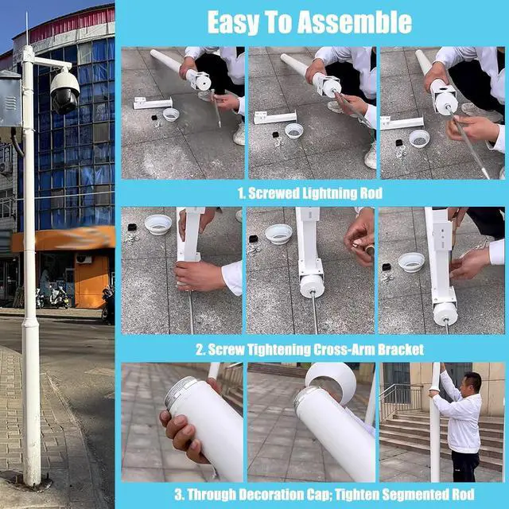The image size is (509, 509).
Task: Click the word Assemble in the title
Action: [x=355, y=22]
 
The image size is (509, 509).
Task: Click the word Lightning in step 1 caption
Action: [x=328, y=193]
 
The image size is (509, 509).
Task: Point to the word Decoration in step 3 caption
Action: [x=285, y=495]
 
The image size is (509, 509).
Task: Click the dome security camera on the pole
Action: [x=64, y=91]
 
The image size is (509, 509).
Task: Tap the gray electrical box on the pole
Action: [x=10, y=99]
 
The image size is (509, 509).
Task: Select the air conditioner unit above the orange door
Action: [x=84, y=258]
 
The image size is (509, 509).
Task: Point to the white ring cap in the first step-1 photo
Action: [x=171, y=115]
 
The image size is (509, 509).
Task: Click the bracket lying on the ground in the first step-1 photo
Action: [x=152, y=103]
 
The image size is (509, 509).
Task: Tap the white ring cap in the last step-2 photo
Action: [x=411, y=262]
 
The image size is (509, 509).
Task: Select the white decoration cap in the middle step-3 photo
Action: [x=331, y=381]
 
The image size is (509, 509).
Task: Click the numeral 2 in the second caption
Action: [x=200, y=350]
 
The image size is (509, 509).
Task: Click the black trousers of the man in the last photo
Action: [x=465, y=465]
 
